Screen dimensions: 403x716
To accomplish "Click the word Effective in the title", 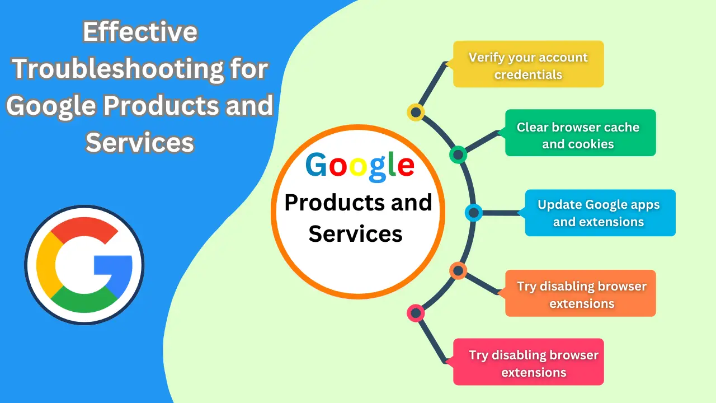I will coord(140,32).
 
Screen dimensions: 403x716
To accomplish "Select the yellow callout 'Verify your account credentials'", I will coord(528,64).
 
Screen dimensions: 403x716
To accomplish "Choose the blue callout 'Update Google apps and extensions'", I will coord(600,213).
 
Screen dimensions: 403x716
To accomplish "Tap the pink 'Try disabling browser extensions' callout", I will coord(528,362).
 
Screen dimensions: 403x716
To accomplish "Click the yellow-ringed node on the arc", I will coord(416,113).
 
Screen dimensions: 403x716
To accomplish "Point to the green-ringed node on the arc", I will coord(458,154).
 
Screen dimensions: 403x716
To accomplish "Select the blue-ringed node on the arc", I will coord(474,213).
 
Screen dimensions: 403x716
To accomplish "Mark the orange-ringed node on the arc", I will coord(458,271).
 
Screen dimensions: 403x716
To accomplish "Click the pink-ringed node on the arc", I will coord(416,313).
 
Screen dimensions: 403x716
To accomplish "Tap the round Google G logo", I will coord(84,264).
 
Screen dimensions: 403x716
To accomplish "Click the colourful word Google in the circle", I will coord(360,166).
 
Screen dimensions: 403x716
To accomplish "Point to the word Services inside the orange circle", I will coord(355,233).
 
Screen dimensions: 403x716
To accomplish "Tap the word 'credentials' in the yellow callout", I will coord(528,74).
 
